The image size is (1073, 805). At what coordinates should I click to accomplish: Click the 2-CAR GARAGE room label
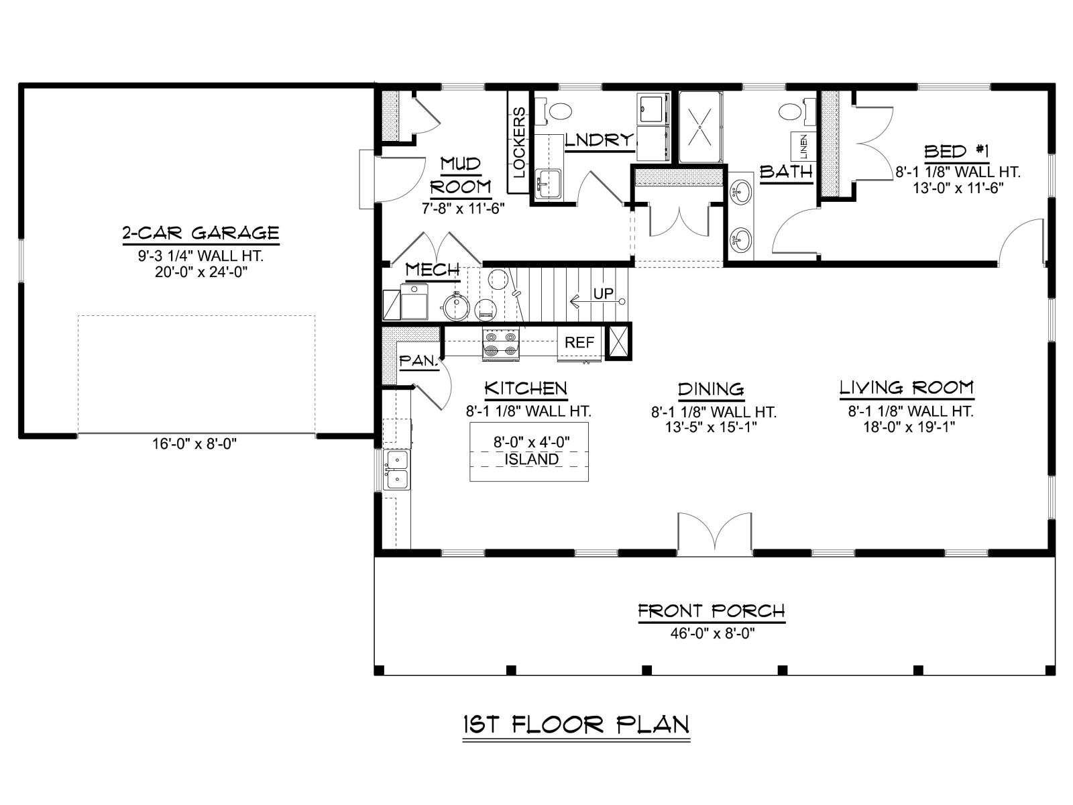tap(201, 233)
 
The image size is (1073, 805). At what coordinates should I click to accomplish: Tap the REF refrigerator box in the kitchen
tap(579, 343)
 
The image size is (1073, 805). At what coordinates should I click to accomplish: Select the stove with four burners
tap(501, 343)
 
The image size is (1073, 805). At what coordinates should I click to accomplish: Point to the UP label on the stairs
tap(603, 293)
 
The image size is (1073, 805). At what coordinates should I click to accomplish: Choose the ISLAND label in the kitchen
tap(531, 460)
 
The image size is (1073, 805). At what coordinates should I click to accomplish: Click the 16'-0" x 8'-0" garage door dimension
tap(194, 444)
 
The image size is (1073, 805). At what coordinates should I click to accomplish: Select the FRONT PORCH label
tap(712, 611)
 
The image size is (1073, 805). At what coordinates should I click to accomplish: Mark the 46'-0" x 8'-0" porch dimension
tap(713, 633)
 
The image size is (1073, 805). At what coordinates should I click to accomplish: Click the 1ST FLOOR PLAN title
tap(576, 725)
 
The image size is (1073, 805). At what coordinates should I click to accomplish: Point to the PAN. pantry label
tap(418, 361)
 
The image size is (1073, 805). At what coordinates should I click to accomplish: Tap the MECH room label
tap(433, 270)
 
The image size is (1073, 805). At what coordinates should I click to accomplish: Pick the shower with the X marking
tap(699, 127)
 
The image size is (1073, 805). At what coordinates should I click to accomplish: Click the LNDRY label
tap(600, 141)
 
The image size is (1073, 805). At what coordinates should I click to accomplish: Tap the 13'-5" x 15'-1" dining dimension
tap(712, 427)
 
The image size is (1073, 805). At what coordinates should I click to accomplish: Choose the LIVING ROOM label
tap(907, 388)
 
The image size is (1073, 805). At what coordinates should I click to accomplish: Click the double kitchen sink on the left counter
tap(397, 470)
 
